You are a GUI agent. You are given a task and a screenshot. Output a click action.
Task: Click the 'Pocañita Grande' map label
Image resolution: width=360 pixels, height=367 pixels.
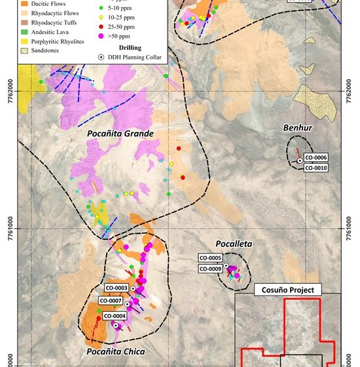coord(120,134)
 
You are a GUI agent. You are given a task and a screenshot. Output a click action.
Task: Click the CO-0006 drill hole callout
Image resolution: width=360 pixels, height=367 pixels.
coord(315,158)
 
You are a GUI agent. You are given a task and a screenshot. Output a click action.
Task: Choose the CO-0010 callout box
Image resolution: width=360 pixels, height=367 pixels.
coord(315,168)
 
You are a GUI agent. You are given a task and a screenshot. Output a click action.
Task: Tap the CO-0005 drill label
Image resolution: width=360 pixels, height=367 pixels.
coord(210,259)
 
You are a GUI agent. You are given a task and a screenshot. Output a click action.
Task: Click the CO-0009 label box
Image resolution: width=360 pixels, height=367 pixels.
coord(210,269)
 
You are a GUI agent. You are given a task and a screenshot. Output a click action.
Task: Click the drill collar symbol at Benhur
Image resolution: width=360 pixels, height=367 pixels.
coord(299,161)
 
